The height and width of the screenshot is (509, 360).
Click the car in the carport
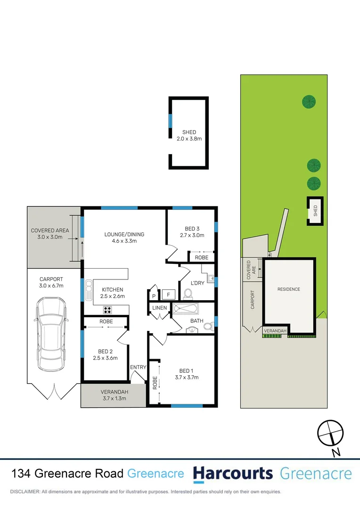point(50,334)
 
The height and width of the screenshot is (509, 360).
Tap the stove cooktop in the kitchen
point(108,310)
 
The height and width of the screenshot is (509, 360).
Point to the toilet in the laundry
point(188,294)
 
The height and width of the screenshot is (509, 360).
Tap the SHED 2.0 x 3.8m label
point(189,136)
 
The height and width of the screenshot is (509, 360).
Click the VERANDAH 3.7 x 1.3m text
point(111,395)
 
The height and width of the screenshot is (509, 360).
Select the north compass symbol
point(329,433)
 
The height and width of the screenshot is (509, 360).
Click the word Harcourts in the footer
point(233,473)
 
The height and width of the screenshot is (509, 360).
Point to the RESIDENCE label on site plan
point(288,289)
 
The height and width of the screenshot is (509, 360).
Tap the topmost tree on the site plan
point(309,101)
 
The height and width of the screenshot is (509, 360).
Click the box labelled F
point(168,296)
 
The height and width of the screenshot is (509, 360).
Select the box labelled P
point(154,296)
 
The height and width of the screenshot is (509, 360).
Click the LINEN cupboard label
point(159,308)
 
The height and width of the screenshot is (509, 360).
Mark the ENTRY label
point(139,367)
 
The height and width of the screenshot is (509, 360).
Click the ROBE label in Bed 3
point(202,258)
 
